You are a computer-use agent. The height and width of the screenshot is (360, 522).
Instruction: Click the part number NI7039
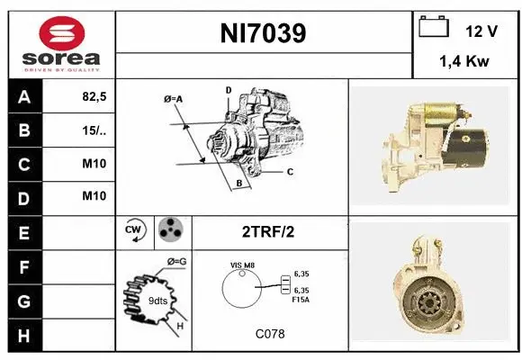tap(263, 34)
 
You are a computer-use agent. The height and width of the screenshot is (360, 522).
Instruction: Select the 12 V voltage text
tap(481, 31)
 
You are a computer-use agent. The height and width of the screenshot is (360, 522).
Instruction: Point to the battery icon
tap(434, 29)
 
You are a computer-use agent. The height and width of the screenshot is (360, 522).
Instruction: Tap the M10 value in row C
tap(94, 164)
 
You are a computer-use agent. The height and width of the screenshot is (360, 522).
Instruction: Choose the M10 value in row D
tap(94, 196)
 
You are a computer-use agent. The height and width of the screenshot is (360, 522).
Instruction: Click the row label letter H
tap(23, 335)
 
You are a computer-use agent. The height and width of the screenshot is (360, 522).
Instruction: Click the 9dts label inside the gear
tap(157, 301)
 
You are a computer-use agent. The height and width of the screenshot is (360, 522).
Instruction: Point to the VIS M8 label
tap(244, 265)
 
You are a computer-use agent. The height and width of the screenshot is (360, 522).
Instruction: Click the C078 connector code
tap(269, 334)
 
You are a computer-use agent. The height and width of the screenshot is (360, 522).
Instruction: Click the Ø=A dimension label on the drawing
tap(173, 99)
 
